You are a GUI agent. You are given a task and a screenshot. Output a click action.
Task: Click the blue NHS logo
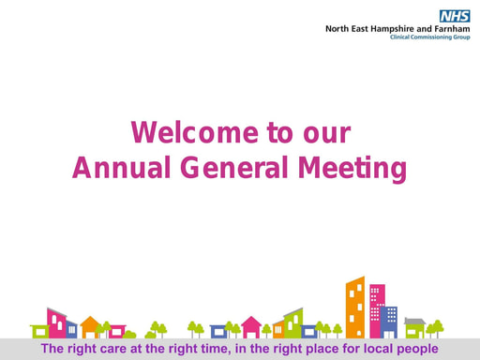pos(455,15)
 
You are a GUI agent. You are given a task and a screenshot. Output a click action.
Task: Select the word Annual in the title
pos(112,168)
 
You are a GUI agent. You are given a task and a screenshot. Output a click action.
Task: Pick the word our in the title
pos(326,133)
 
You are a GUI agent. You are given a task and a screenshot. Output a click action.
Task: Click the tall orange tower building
pos(355,307)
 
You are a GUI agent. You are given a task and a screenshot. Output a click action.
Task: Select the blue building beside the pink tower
pos(389,322)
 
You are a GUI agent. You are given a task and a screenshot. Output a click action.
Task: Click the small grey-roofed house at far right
pos(414,327)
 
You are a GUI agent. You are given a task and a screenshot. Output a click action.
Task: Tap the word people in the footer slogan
pos(415,349)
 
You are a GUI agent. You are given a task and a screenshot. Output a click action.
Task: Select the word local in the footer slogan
pos(371,349)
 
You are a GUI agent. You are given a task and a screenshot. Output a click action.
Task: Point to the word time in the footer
pos(210,349)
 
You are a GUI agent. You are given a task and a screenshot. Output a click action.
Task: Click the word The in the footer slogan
pos(53,349)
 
